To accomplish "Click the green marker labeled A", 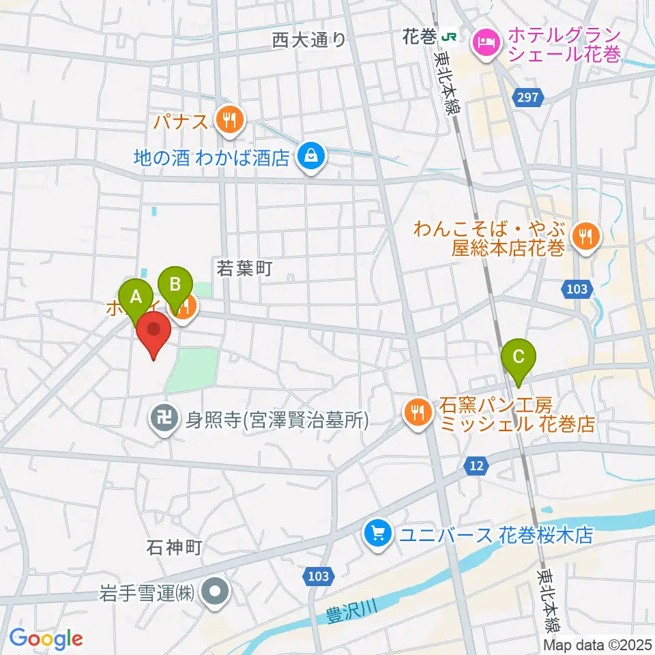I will [x=135, y=297].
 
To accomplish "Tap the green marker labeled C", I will [x=518, y=357].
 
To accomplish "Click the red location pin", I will [x=154, y=332].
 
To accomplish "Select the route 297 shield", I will [x=530, y=98].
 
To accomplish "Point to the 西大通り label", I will [x=308, y=41].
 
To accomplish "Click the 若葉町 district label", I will [x=244, y=269].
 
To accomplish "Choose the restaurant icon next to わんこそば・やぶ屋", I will [x=585, y=237].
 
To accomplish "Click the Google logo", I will [x=46, y=639].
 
